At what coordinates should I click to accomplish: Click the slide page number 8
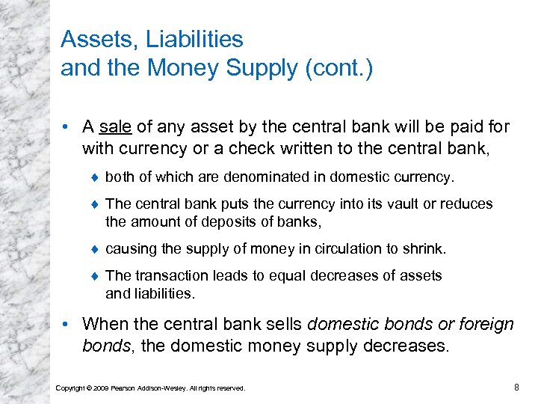(x=516, y=386)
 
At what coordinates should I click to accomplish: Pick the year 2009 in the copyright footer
(x=98, y=388)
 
